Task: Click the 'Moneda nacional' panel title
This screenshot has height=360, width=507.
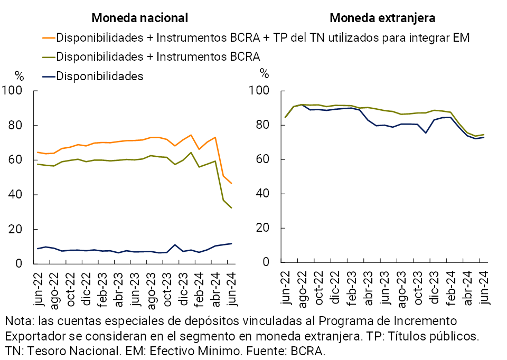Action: pos(139,18)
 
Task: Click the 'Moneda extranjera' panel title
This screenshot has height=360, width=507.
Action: pos(382,18)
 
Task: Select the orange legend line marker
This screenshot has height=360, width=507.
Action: pos(48,38)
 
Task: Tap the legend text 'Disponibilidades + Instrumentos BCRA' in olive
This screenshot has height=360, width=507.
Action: pos(158,56)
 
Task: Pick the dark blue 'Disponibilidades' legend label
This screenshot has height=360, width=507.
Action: pos(99,76)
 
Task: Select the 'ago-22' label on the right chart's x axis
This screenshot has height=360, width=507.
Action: pos(302,289)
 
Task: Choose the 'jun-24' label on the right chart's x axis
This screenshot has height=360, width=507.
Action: pos(484,289)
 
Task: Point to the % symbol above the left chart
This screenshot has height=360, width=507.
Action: pos(19,74)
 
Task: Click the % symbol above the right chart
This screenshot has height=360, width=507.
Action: pos(264,74)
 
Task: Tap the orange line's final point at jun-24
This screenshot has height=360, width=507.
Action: pos(231,183)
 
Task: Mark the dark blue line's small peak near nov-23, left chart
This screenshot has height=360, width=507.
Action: pos(175,245)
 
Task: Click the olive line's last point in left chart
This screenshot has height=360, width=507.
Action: pos(231,208)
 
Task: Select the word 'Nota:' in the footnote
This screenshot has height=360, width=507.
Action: pos(19,321)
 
